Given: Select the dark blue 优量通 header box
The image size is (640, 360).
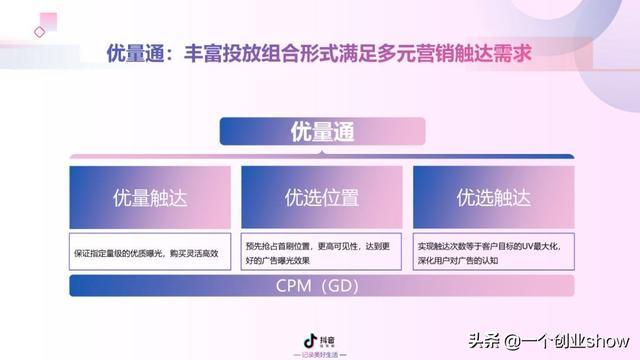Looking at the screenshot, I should tap(322, 131).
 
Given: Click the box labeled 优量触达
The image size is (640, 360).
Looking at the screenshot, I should tap(150, 197).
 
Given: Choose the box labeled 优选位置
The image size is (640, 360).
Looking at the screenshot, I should tap(322, 197).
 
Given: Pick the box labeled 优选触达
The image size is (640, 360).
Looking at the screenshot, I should tap(493, 197).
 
